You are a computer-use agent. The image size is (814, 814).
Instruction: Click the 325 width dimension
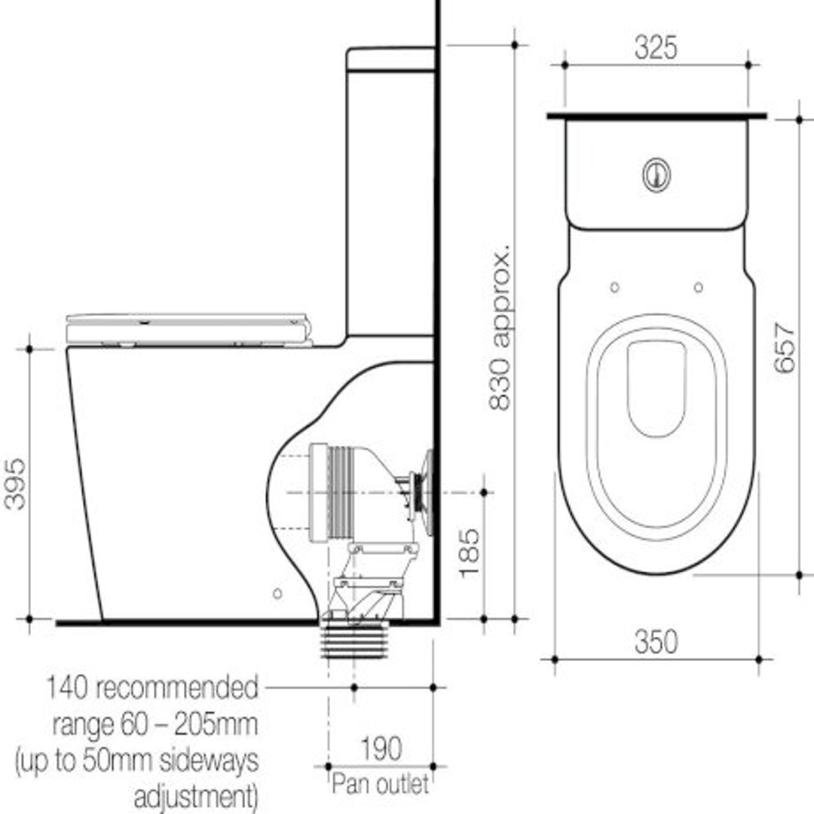pyautogui.click(x=655, y=47)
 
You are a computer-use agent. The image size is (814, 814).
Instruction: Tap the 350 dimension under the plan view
pyautogui.click(x=655, y=642)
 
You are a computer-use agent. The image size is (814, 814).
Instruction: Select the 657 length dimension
pyautogui.click(x=784, y=347)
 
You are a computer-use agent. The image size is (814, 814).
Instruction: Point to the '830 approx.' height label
pyautogui.click(x=500, y=326)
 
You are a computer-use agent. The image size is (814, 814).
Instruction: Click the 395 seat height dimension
pyautogui.click(x=15, y=483)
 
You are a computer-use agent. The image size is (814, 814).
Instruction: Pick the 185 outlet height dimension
pyautogui.click(x=468, y=552)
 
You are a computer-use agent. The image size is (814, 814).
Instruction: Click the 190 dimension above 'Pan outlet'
pyautogui.click(x=381, y=749)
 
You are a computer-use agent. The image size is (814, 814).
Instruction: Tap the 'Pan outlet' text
pyautogui.click(x=380, y=784)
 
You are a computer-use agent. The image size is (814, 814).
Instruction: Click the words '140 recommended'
pyautogui.click(x=151, y=688)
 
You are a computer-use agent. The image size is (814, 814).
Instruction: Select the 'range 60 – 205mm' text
pyautogui.click(x=155, y=725)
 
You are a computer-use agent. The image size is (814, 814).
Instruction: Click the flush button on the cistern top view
pyautogui.click(x=656, y=174)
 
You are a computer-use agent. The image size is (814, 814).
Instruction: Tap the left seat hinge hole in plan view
pyautogui.click(x=614, y=287)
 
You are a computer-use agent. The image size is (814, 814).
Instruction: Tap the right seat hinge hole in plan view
pyautogui.click(x=698, y=287)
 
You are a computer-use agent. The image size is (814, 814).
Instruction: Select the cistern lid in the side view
pyautogui.click(x=390, y=60)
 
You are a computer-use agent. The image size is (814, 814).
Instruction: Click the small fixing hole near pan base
pyautogui.click(x=277, y=593)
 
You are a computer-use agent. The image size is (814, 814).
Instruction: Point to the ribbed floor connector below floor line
pyautogui.click(x=354, y=641)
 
